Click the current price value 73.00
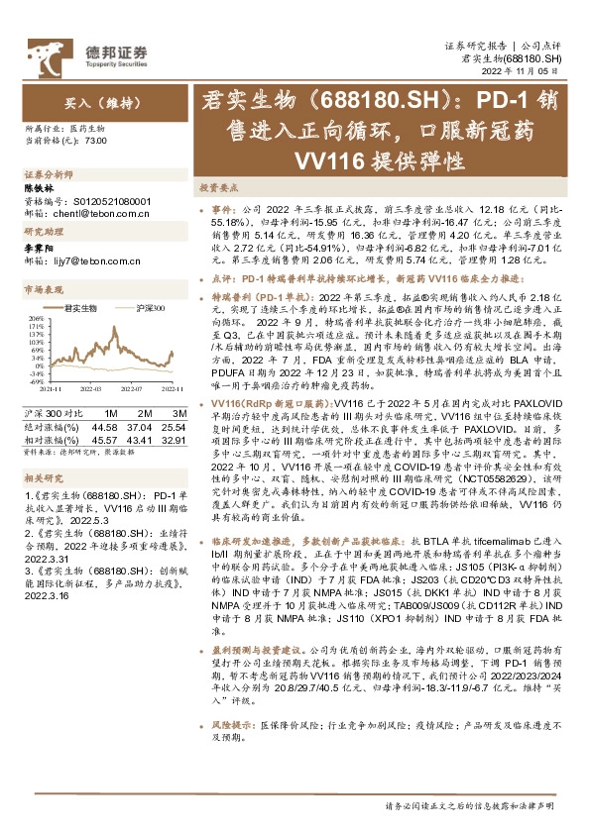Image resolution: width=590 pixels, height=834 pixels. click(96, 142)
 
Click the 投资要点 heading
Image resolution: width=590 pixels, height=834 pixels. click(217, 187)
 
